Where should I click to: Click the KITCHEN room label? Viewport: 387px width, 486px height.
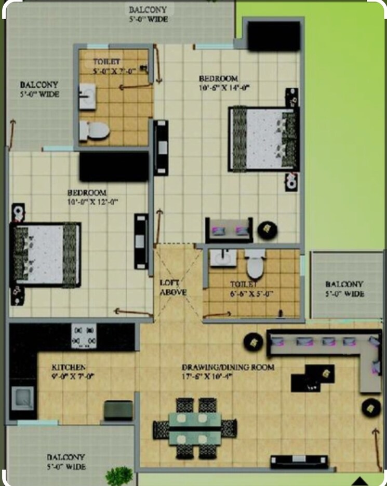pyautogui.click(x=68, y=367)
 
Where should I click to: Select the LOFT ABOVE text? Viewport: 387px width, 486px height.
pyautogui.click(x=173, y=287)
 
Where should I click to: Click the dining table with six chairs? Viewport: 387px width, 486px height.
pyautogui.click(x=195, y=428)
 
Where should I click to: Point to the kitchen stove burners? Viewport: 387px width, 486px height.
pyautogui.click(x=84, y=336)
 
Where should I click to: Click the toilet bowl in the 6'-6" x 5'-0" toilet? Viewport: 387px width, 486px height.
pyautogui.click(x=255, y=266)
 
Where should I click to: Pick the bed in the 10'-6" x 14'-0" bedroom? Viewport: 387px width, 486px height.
pyautogui.click(x=263, y=139)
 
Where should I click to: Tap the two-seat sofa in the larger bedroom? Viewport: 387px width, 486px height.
pyautogui.click(x=229, y=231)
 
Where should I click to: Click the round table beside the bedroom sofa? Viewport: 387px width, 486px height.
pyautogui.click(x=268, y=229)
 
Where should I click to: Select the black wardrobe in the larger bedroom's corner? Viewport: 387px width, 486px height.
pyautogui.click(x=273, y=36)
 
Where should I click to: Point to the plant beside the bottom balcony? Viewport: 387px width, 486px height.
pyautogui.click(x=119, y=476)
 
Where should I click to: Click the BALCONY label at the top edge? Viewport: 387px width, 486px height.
pyautogui.click(x=148, y=10)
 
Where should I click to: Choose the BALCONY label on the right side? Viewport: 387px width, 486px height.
pyautogui.click(x=344, y=284)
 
